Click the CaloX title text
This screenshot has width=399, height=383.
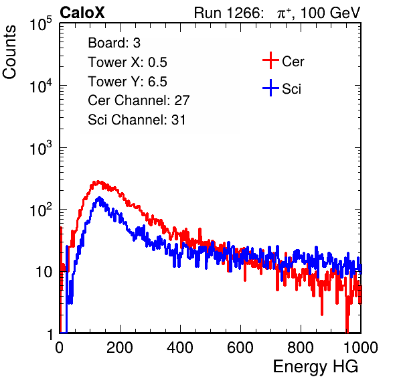82,13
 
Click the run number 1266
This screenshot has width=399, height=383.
243,13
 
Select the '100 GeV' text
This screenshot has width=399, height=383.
331,13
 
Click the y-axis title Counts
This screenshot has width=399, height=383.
9,52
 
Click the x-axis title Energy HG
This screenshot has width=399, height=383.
315,367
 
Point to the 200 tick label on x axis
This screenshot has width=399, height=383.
120,348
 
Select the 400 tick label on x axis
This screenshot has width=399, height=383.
180,348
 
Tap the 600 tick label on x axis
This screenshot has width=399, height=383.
240,348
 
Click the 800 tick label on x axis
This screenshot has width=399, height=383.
301,348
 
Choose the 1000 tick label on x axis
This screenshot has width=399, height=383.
361,348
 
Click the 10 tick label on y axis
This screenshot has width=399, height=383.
44,272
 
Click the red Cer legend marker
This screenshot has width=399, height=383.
270,60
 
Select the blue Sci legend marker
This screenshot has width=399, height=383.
270,88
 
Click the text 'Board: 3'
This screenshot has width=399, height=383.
114,43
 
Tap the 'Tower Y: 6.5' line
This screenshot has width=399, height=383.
127,82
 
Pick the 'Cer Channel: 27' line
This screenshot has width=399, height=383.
139,100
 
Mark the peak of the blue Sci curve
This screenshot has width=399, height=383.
99,198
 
